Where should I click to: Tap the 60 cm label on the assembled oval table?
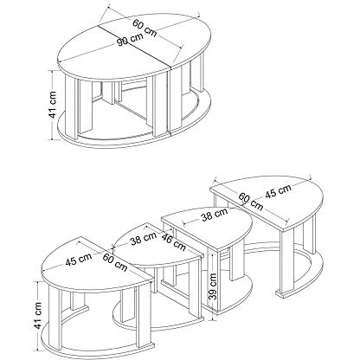(145, 28)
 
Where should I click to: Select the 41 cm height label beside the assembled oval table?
(53, 105)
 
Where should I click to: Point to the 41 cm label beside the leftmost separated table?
(37, 315)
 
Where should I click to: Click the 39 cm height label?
(212, 287)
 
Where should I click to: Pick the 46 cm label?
(173, 241)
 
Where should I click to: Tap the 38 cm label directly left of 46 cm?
(144, 238)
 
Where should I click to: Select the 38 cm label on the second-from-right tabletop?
(215, 215)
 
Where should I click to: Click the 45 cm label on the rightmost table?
(278, 191)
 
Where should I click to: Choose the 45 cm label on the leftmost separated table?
(79, 260)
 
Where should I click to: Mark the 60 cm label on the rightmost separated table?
(251, 202)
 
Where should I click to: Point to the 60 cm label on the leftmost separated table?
(115, 262)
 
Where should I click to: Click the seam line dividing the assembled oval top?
(135, 47)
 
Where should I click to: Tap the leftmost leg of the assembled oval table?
(72, 107)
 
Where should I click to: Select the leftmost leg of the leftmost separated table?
(55, 317)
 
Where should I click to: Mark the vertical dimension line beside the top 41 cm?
(52, 105)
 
